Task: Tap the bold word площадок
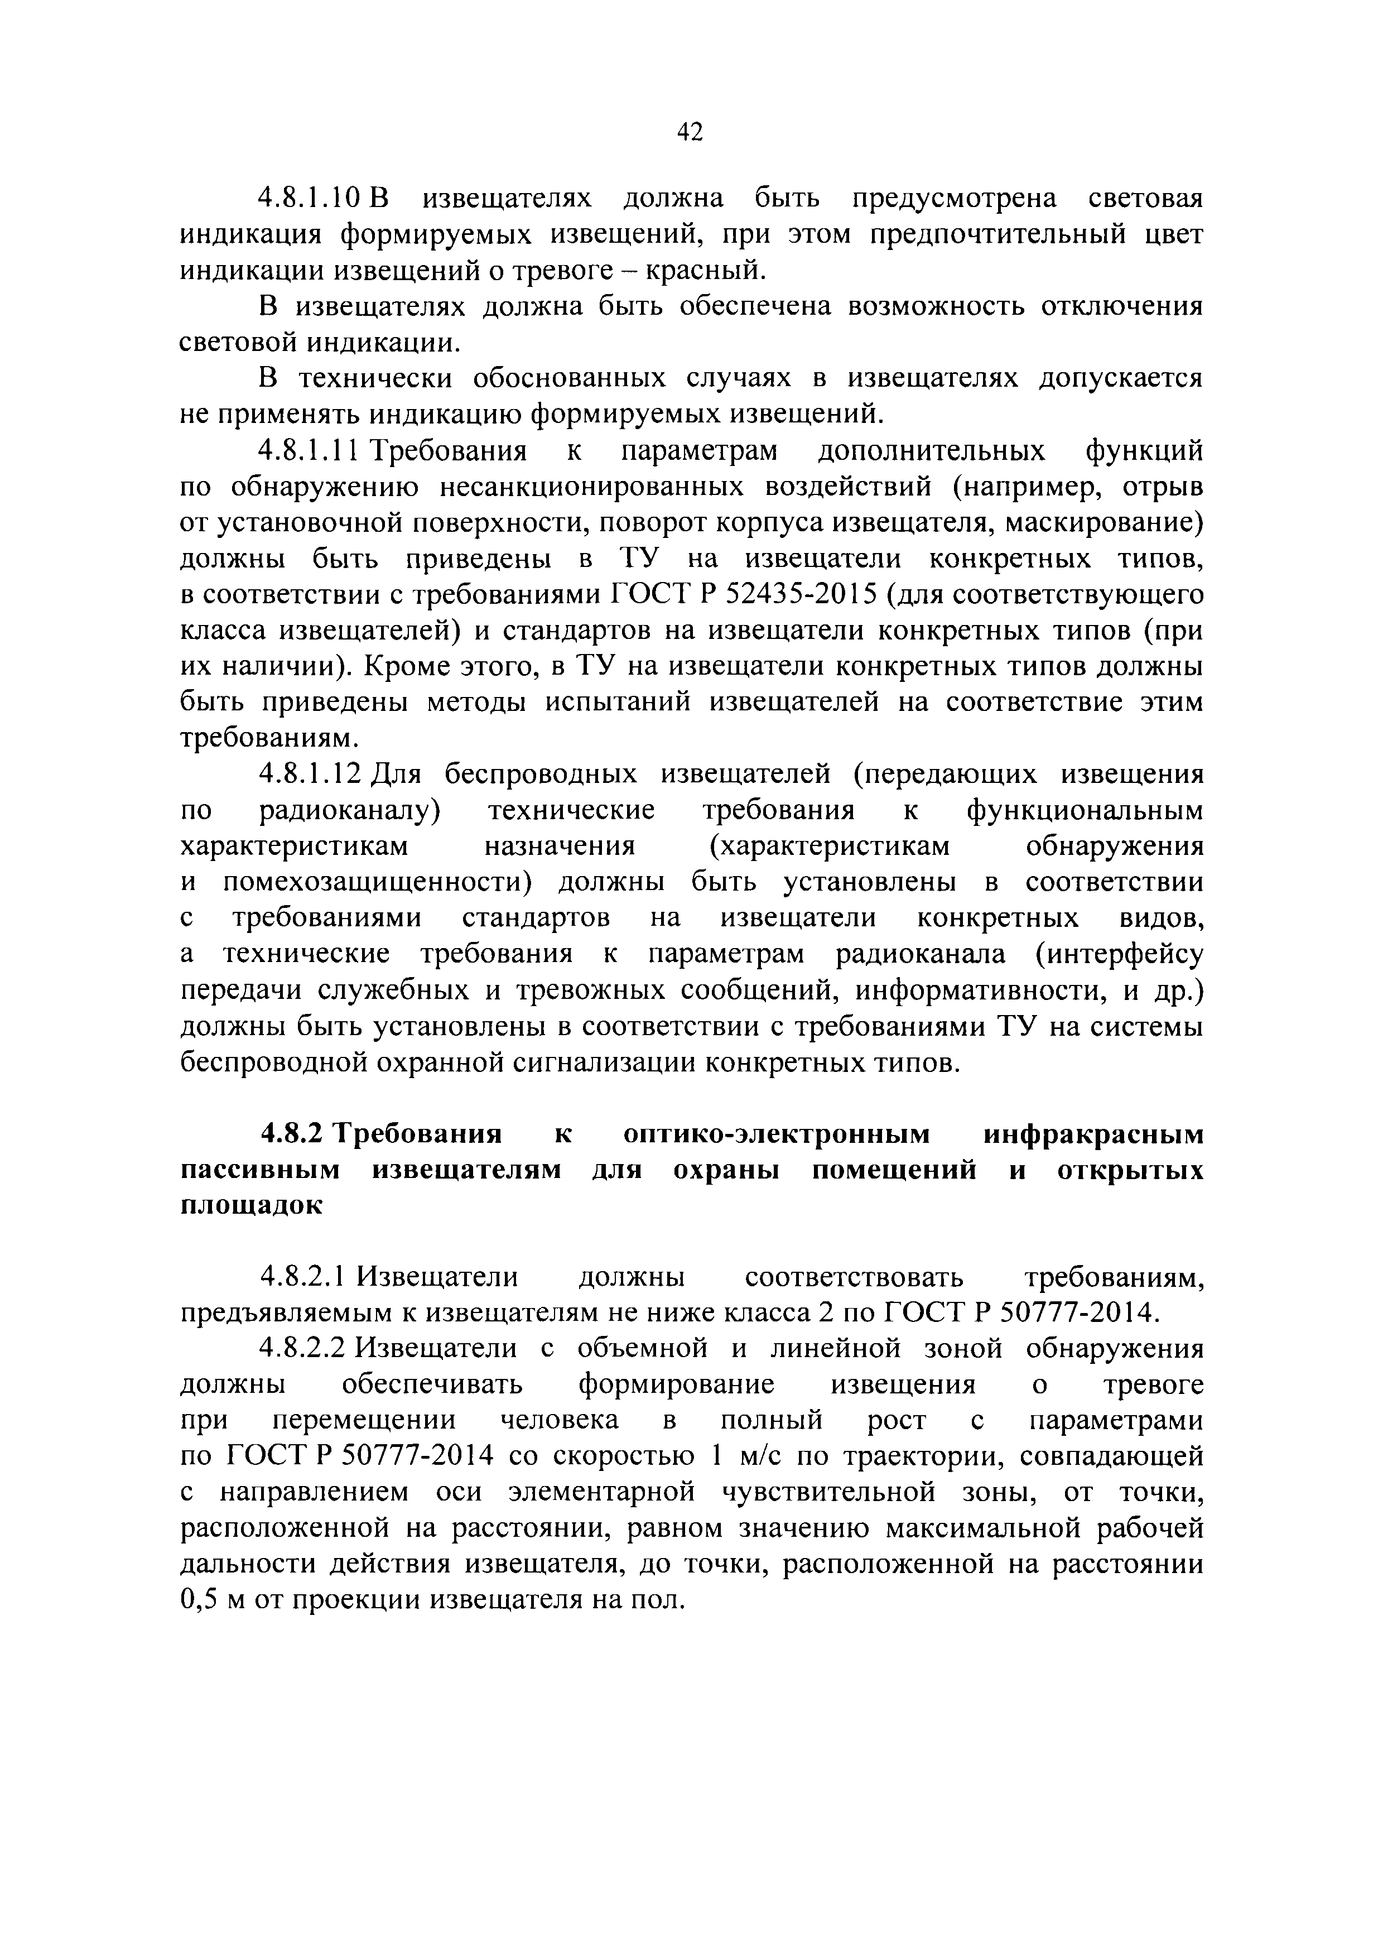(x=252, y=1206)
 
